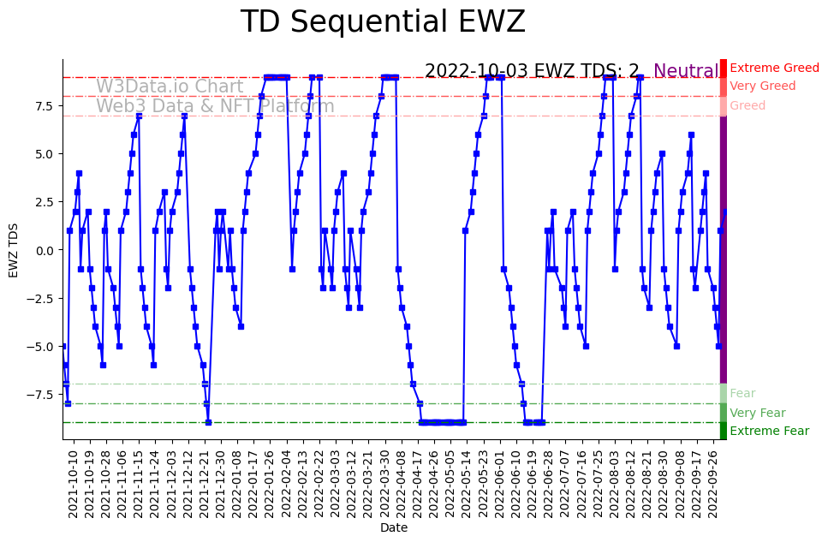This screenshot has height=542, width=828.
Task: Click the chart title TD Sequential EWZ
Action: (383, 22)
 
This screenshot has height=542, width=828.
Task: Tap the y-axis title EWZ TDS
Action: (14, 249)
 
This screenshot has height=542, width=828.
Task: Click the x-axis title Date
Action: (394, 528)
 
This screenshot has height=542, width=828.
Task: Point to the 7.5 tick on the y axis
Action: (44, 106)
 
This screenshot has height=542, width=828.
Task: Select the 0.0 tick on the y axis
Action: (44, 250)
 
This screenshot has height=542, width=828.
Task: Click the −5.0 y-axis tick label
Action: (40, 347)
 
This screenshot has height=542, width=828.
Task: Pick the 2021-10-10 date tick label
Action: (74, 483)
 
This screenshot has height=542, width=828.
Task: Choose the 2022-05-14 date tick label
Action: (467, 483)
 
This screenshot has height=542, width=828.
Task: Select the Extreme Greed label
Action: (774, 68)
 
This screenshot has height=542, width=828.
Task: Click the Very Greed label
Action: (762, 86)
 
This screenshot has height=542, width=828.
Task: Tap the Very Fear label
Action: (757, 414)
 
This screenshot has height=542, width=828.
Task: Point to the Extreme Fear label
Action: (769, 432)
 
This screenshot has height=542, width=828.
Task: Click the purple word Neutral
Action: (686, 72)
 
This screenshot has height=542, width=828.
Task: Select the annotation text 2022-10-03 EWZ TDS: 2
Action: (532, 72)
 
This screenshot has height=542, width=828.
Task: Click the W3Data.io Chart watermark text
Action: (170, 87)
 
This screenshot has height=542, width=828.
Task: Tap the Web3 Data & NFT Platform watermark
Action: (215, 107)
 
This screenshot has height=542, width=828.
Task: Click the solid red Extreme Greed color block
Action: (724, 68)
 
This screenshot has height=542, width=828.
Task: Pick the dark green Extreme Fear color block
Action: (724, 432)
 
